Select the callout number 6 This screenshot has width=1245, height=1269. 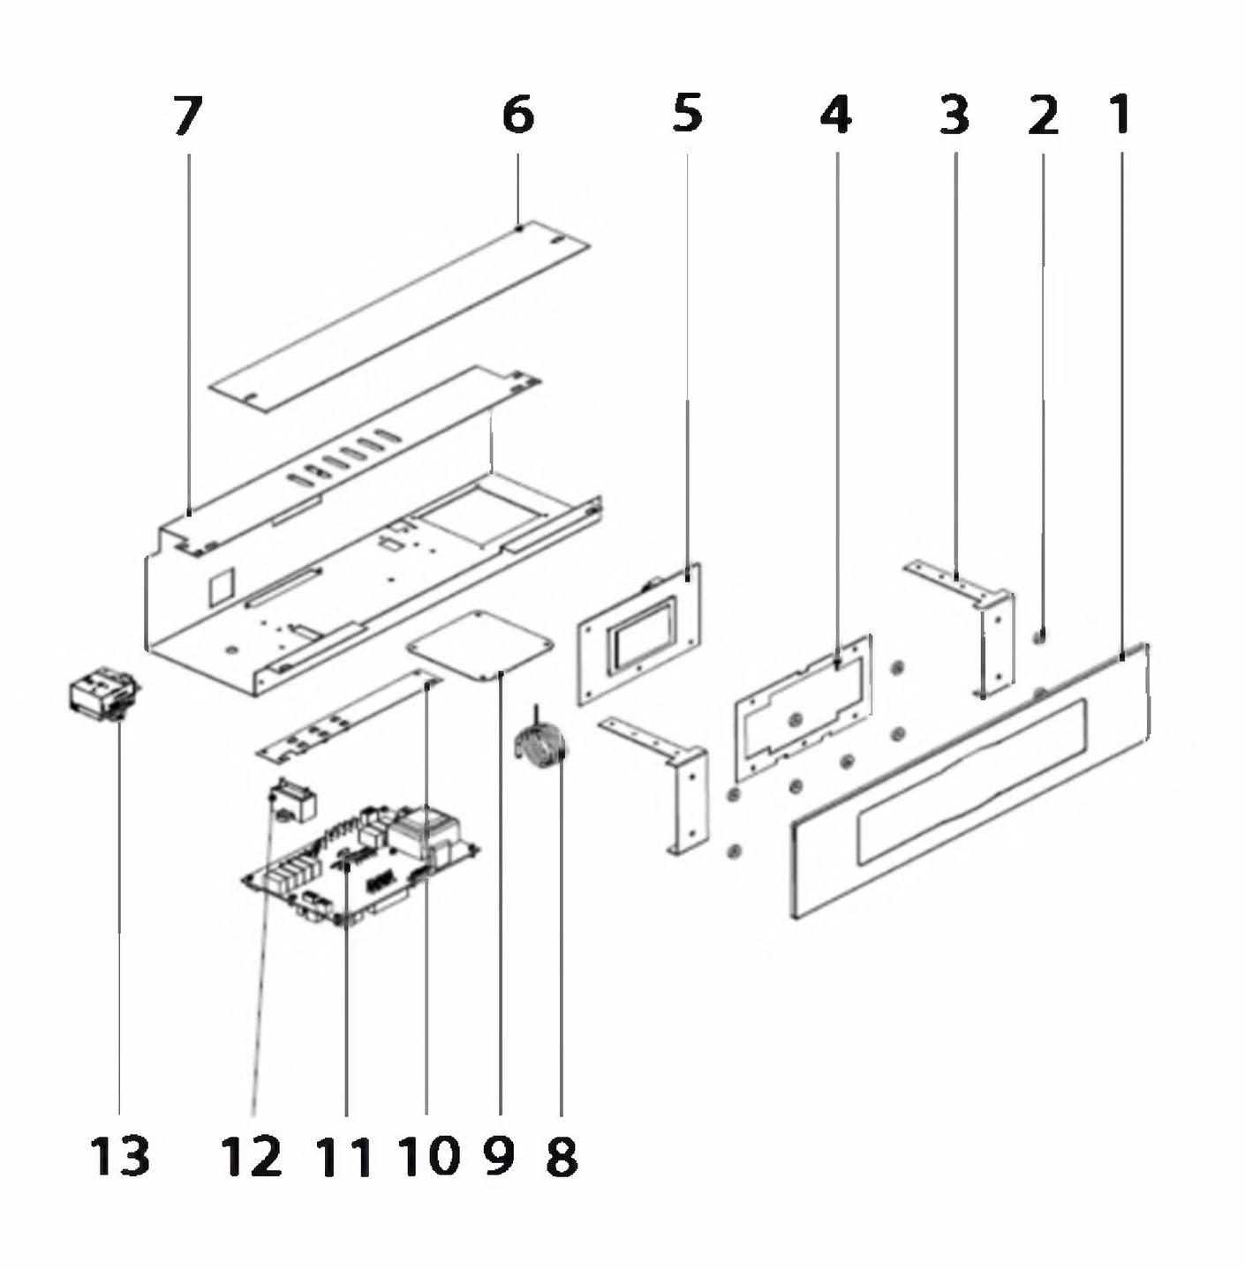pyautogui.click(x=517, y=116)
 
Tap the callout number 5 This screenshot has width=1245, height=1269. pyautogui.click(x=688, y=113)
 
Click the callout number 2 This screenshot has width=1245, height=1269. pyautogui.click(x=1044, y=115)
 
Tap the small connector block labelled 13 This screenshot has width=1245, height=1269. pyautogui.click(x=104, y=696)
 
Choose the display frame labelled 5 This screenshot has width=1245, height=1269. pyautogui.click(x=639, y=634)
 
